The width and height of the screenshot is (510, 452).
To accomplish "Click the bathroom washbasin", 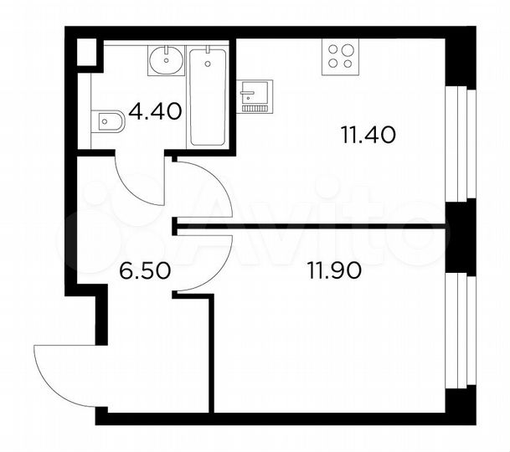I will (x=166, y=59).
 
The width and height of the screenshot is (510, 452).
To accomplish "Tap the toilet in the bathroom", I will (x=108, y=123).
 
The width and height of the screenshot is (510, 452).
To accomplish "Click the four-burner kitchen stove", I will (x=340, y=55).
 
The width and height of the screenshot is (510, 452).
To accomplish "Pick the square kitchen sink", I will (x=253, y=90).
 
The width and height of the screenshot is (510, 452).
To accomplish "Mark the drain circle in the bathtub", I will (x=207, y=61).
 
